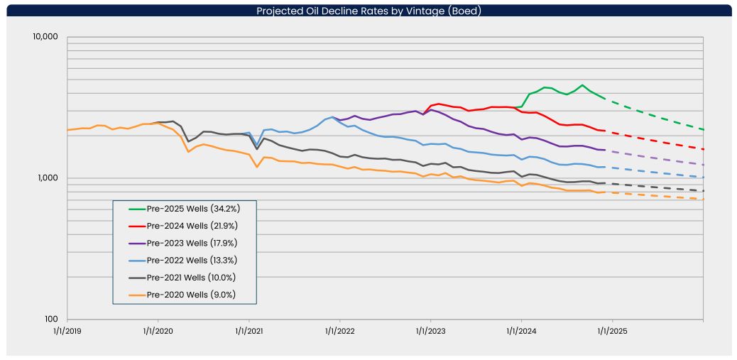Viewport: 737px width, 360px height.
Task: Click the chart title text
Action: click(368, 11)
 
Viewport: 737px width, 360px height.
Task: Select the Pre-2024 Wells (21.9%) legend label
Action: click(192, 226)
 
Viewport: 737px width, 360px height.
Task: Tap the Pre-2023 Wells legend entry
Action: click(182, 243)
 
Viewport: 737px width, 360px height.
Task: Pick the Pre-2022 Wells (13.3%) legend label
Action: click(191, 260)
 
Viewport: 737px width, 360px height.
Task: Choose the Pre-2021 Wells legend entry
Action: click(182, 278)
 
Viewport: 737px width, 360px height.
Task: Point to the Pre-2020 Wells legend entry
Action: click(182, 295)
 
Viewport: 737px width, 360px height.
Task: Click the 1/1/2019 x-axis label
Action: click(67, 331)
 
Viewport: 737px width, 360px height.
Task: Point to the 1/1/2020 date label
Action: click(158, 331)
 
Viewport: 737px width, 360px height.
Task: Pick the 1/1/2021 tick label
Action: click(249, 331)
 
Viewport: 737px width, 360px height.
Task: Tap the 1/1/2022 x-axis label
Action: click(339, 331)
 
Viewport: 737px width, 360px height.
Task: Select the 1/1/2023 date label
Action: click(430, 331)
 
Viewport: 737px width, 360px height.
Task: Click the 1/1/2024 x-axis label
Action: click(521, 331)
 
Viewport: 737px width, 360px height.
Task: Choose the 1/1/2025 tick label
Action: click(612, 331)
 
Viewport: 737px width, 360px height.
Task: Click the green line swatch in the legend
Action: click(136, 209)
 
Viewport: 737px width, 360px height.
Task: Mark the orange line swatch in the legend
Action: click(136, 295)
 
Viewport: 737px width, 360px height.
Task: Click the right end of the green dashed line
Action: click(703, 129)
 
